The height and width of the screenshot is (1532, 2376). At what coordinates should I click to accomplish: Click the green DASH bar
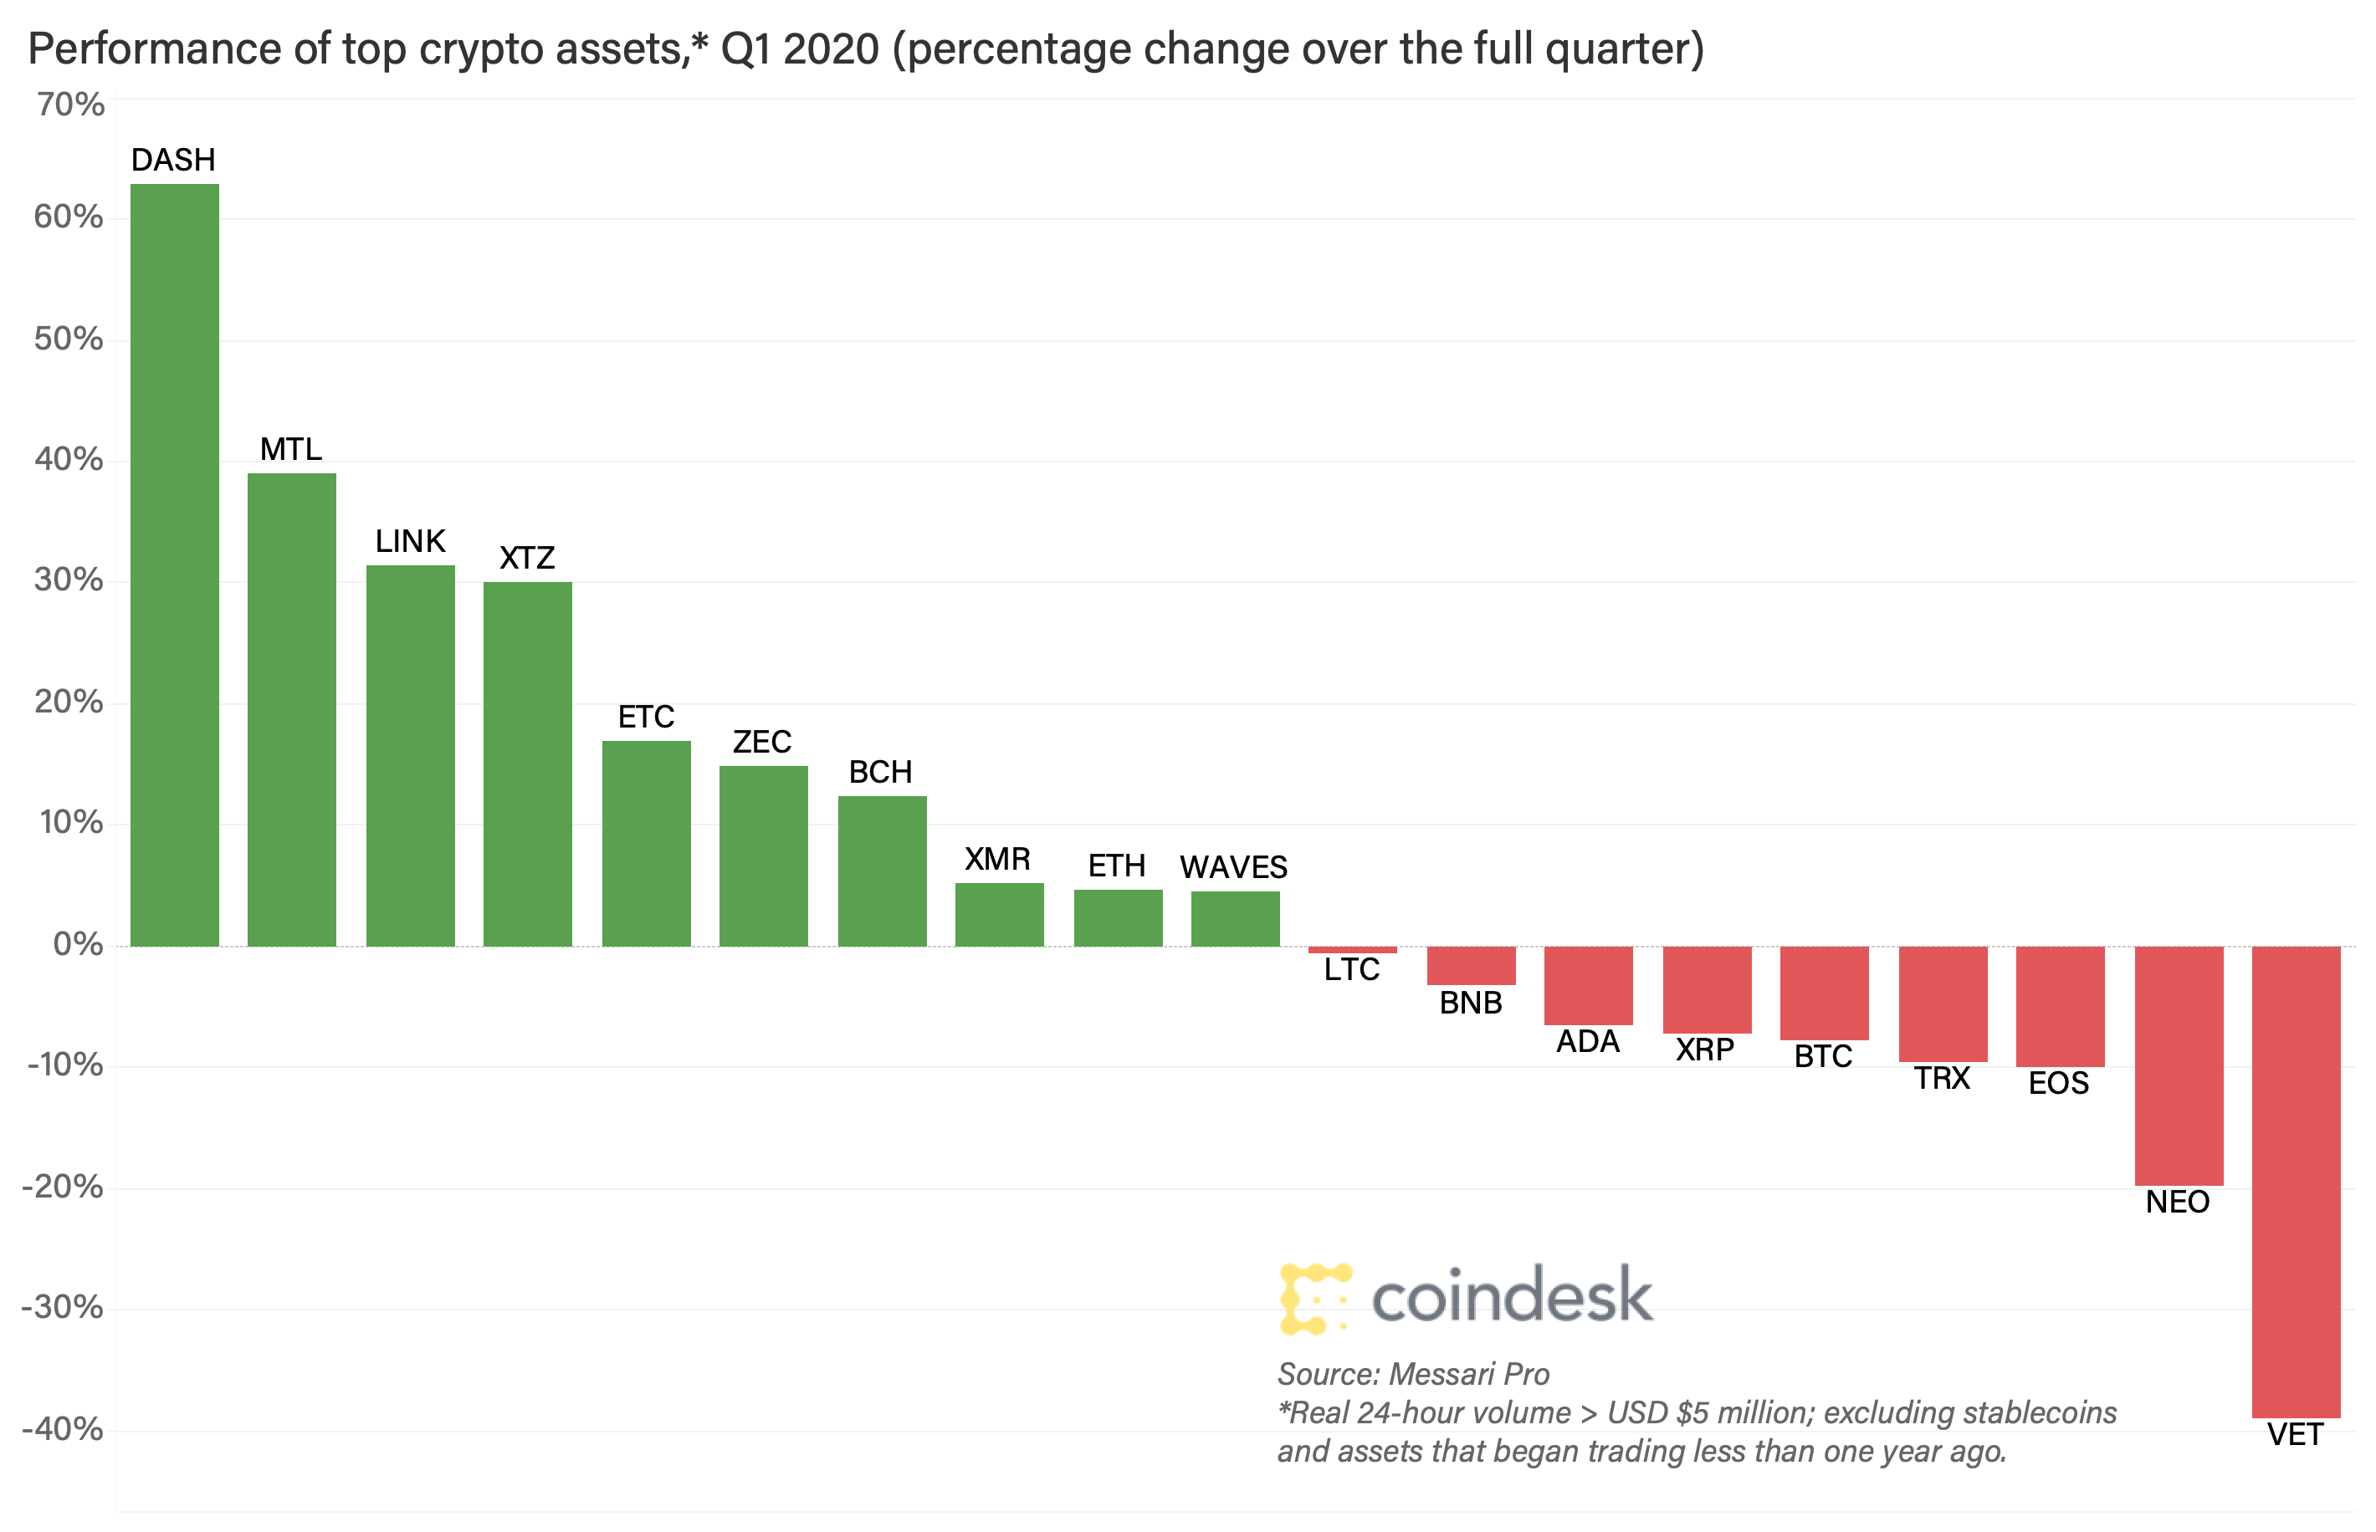pos(174,565)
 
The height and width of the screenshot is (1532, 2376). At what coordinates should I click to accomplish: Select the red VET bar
pos(2296,1182)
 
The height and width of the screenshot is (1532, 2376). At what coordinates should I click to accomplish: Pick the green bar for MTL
pos(291,709)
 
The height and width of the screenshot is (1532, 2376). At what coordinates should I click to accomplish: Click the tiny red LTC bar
pos(1352,950)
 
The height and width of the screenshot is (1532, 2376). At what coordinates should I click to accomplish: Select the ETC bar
pos(646,844)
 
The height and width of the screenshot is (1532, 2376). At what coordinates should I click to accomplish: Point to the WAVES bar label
pos(1234,867)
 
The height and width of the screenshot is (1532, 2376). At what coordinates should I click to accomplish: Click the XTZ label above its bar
pos(527,558)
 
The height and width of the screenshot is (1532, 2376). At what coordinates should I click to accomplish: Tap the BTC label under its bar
pos(1823,1056)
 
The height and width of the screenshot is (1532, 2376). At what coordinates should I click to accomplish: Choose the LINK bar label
pos(410,541)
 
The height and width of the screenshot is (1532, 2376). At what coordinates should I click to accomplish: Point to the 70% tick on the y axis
pos(69,105)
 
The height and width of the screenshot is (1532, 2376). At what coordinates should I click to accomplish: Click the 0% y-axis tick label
pos(78,944)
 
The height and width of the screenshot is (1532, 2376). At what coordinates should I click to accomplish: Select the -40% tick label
pos(62,1429)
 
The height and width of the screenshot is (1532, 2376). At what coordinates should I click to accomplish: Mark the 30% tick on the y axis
pos(69,580)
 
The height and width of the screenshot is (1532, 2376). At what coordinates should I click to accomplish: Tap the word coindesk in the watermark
pos(1512,1296)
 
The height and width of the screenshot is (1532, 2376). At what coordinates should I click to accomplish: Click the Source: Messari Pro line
pos(1413,1374)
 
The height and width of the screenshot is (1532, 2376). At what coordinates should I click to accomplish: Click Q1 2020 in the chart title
pos(800,49)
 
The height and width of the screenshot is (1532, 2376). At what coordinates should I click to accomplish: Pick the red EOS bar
pos(2060,1006)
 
